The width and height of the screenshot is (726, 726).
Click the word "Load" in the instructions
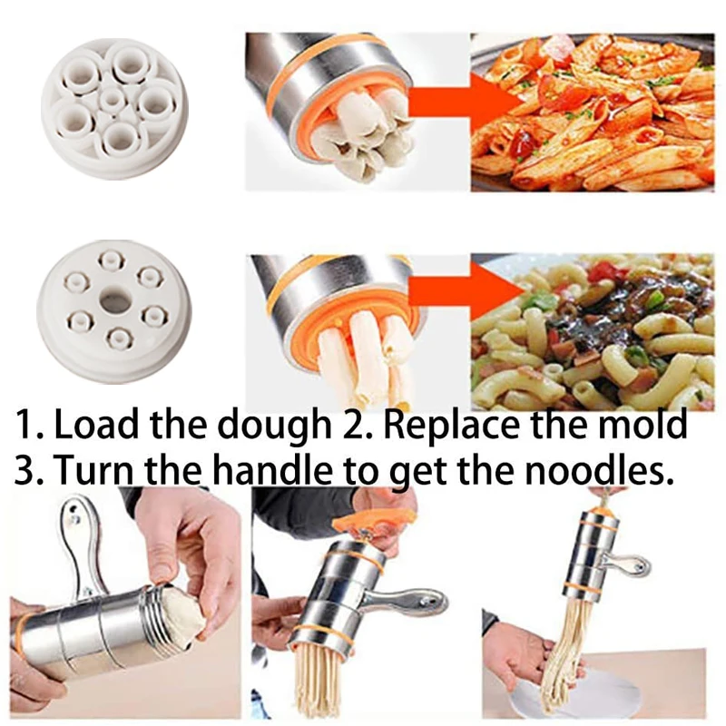[101, 426]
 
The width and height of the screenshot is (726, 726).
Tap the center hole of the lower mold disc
[115, 299]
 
